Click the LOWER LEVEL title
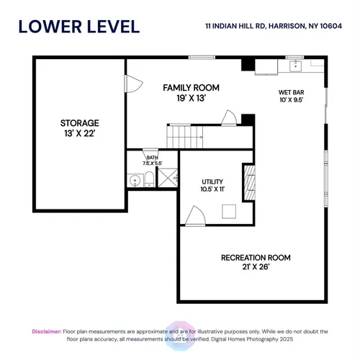[x=79, y=27]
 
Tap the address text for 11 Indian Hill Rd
[x=274, y=26]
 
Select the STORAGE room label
[x=80, y=123]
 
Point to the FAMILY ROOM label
[x=191, y=88]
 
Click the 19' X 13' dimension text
[x=191, y=98]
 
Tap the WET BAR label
[x=291, y=92]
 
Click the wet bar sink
[x=295, y=66]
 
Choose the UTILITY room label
[x=212, y=181]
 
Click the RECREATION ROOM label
[x=256, y=258]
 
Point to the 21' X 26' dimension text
[x=256, y=267]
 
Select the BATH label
[x=152, y=158]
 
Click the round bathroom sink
[x=135, y=180]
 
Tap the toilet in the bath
[x=149, y=179]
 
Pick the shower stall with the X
[x=168, y=178]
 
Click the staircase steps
[x=185, y=137]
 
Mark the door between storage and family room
[x=133, y=84]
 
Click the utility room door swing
[x=196, y=216]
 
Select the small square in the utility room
[x=229, y=212]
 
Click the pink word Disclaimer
[x=47, y=331]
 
